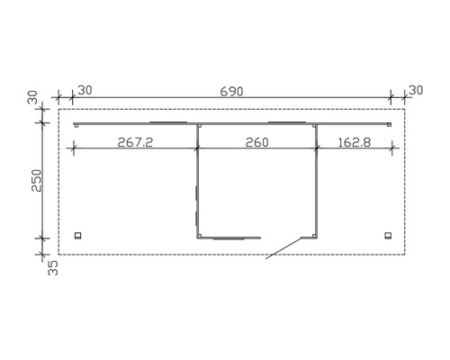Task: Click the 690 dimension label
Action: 231,92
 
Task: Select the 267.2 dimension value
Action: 135,142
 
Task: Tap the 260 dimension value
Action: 256,142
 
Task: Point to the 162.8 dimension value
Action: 355,142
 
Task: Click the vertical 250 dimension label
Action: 37,180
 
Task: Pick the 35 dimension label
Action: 53,268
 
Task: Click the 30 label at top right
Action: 416,90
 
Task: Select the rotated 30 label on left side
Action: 32,97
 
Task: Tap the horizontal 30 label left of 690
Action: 85,90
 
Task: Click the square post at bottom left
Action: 78,236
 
